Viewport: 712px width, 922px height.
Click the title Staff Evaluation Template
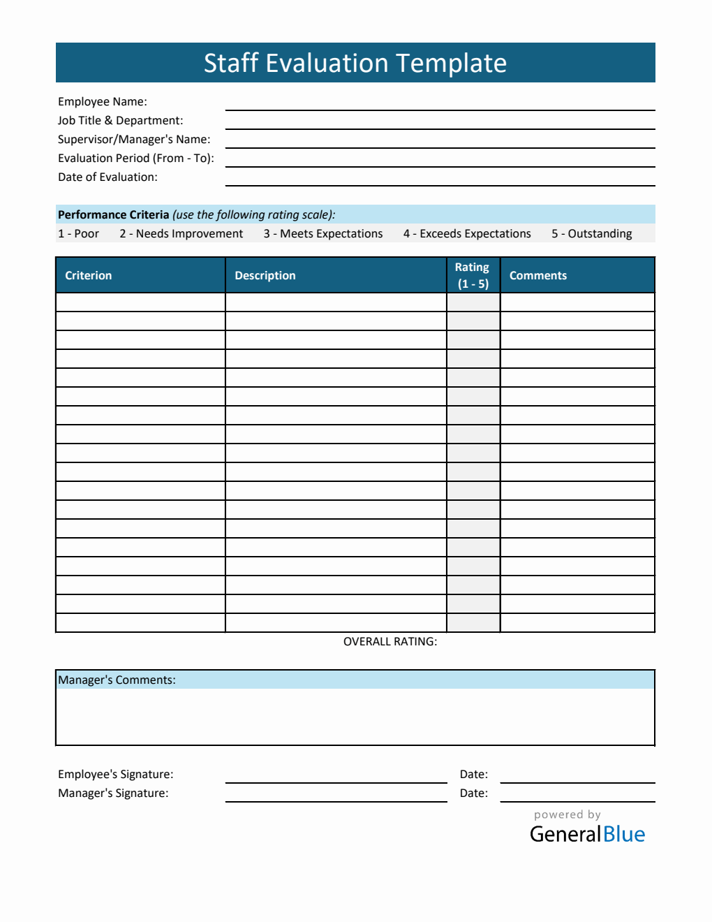[355, 63]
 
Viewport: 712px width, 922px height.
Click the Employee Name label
[103, 102]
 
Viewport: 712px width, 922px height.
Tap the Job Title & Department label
[120, 121]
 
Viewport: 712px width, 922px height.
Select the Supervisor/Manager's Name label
[134, 140]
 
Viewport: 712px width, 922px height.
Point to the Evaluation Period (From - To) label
[136, 159]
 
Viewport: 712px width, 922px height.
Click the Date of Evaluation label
[107, 177]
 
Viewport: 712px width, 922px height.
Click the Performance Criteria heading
[114, 215]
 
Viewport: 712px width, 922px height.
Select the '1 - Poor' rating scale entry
[78, 234]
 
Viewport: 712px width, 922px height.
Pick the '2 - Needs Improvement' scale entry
[181, 234]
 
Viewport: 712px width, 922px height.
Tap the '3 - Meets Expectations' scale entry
[323, 234]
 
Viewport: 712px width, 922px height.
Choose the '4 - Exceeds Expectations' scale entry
[467, 234]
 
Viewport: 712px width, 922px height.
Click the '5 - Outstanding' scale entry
[592, 234]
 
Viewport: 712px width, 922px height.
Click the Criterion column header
[89, 276]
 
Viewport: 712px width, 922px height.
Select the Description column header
[265, 276]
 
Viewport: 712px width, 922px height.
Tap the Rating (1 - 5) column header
[473, 276]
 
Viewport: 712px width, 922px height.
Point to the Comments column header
[538, 276]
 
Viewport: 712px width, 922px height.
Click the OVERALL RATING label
[390, 642]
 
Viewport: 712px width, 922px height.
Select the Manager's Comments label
[117, 680]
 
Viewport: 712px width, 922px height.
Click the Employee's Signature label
[116, 775]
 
